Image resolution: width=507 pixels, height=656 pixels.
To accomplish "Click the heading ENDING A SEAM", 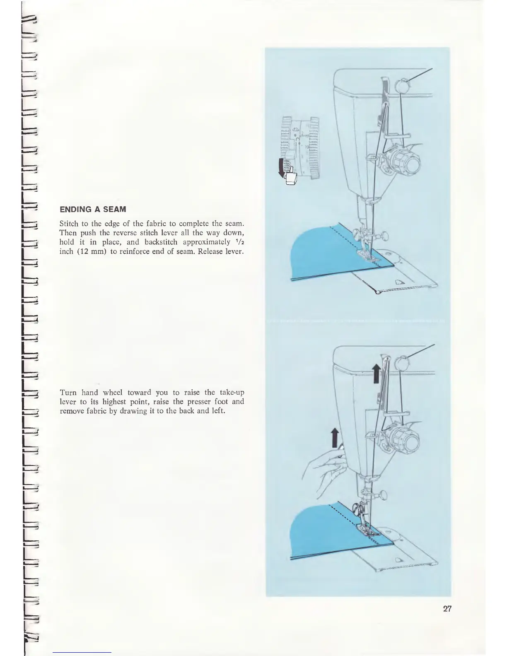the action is coord(93,210).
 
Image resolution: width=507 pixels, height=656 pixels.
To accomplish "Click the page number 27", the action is coord(447,609).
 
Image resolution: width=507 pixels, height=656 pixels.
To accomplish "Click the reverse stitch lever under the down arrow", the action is coord(291,178).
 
